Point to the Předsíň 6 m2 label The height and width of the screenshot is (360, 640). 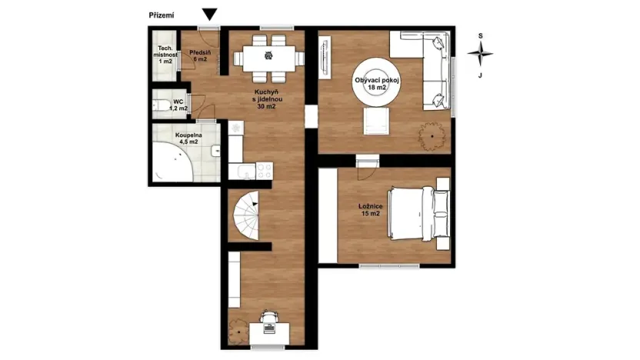(x=200, y=55)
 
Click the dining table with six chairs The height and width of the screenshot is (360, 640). (x=267, y=55)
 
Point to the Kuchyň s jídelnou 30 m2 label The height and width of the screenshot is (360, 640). (x=266, y=99)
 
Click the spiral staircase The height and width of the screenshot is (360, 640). (x=246, y=216)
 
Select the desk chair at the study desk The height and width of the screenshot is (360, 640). (x=268, y=316)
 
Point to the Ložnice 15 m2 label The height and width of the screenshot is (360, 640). (x=370, y=210)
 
